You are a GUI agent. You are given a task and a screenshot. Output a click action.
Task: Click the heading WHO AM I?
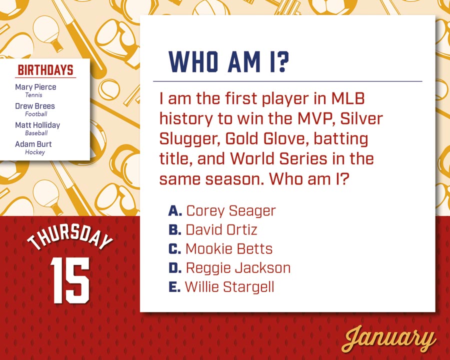[228, 61]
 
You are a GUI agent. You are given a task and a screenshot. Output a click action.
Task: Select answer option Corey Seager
[231, 211]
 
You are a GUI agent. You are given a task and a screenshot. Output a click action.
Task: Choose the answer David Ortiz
[221, 229]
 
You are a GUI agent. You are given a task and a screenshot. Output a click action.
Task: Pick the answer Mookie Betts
[229, 248]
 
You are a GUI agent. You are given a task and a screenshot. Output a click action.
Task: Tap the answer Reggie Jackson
[238, 268]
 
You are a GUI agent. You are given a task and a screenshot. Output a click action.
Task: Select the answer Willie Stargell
[229, 287]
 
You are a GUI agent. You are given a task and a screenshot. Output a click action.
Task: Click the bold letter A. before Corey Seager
[175, 210]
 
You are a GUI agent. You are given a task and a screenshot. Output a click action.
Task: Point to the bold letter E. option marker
[174, 287]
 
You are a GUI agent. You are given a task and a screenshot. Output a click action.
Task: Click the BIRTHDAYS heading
[45, 70]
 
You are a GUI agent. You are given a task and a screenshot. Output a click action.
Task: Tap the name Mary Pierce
[35, 87]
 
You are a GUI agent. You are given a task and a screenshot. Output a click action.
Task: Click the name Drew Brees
[35, 106]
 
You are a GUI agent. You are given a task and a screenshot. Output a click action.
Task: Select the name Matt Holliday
[37, 125]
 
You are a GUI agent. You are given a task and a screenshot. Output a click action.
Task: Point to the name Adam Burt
[33, 144]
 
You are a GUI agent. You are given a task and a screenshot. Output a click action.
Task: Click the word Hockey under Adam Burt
[35, 152]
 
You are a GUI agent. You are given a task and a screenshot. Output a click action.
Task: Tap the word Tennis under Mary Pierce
[34, 95]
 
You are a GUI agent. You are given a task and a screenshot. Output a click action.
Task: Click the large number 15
[70, 280]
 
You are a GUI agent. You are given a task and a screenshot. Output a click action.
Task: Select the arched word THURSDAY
[70, 237]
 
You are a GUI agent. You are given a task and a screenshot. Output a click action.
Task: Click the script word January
[389, 339]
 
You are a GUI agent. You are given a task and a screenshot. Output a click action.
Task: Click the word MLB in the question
[348, 98]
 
